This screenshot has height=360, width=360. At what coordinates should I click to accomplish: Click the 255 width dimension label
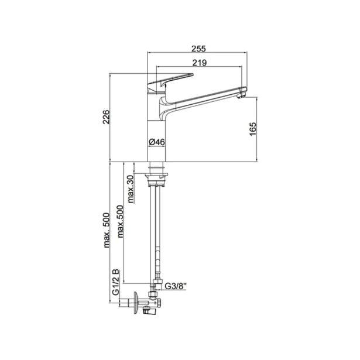(x=199, y=49)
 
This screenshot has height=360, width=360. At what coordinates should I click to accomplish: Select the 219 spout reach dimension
(x=199, y=63)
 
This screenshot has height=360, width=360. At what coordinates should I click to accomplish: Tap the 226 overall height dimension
(x=106, y=117)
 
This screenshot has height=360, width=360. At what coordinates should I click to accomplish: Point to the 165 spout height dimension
(x=253, y=129)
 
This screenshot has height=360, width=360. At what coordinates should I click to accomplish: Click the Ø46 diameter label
(x=156, y=142)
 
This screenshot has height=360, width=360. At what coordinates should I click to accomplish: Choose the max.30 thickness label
(x=131, y=189)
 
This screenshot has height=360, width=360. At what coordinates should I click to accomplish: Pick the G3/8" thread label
(x=176, y=286)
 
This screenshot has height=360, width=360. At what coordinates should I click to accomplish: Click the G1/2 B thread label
(x=115, y=282)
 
